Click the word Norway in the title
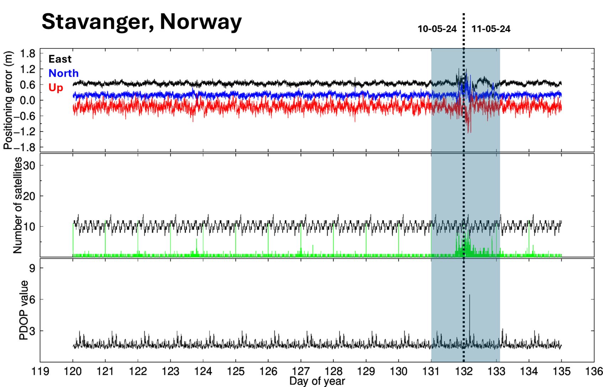201,22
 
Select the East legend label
60,59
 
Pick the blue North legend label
63,73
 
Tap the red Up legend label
56,88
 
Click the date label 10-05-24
437,29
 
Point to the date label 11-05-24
491,29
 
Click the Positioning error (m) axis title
8,100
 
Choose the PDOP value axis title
23,310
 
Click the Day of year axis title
317,382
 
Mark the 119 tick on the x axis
40,371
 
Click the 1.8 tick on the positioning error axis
27,54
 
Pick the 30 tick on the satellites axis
31,165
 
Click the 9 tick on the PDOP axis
32,268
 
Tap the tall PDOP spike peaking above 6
470,296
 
